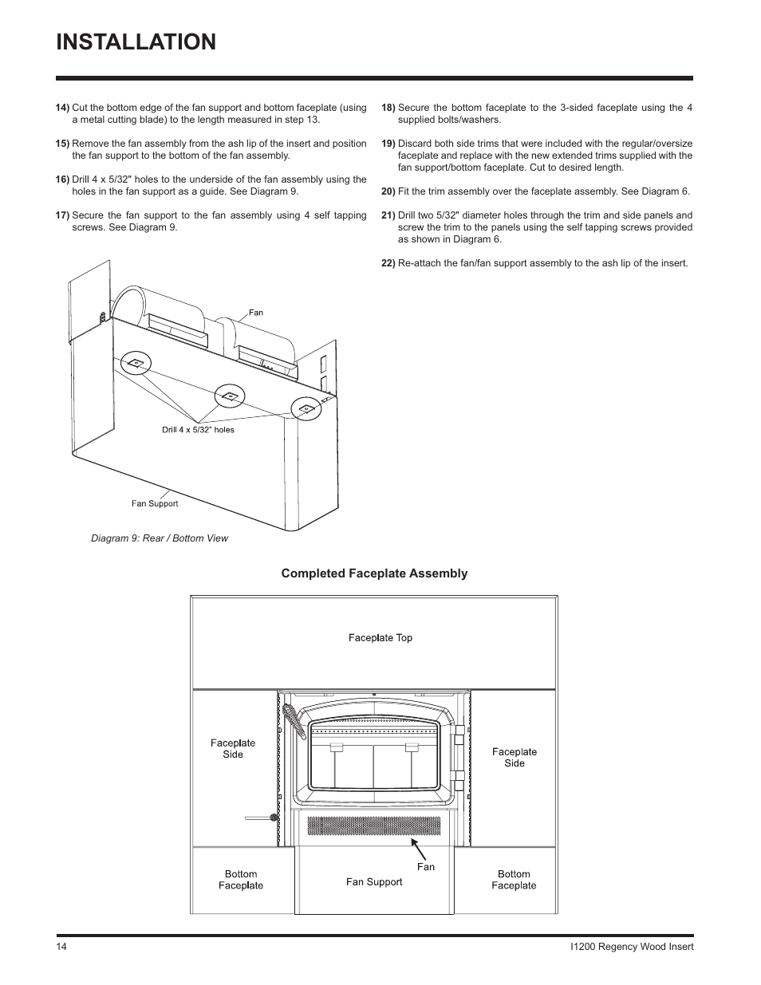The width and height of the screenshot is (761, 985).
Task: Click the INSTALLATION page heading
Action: click(x=136, y=41)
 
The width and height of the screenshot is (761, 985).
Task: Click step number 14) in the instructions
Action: click(x=63, y=108)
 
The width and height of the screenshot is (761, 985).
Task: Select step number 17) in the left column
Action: click(x=63, y=215)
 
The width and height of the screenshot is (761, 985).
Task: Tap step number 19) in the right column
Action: click(x=388, y=144)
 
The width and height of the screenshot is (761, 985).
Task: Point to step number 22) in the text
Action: click(x=388, y=263)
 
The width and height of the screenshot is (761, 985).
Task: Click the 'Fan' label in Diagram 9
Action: click(x=255, y=313)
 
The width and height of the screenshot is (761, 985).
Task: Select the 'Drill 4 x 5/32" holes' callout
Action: click(x=198, y=429)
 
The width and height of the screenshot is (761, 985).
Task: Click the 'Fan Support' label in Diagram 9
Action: click(x=155, y=503)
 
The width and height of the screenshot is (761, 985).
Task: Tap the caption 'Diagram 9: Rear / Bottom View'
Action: click(x=160, y=538)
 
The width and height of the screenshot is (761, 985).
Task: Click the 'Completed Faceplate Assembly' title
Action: click(x=374, y=573)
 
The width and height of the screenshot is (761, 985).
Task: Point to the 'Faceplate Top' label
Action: click(x=380, y=638)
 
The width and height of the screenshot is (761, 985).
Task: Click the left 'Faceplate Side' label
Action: click(x=233, y=749)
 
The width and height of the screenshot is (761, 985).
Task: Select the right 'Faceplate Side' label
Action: click(x=515, y=758)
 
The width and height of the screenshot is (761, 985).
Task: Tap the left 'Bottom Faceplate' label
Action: click(x=241, y=880)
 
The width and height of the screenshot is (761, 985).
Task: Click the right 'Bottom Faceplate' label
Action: click(x=514, y=880)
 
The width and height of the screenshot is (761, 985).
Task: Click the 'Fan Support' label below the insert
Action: click(x=374, y=882)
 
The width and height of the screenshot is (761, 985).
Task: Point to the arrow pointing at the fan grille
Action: click(x=419, y=849)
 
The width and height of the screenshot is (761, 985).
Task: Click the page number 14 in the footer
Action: click(x=62, y=947)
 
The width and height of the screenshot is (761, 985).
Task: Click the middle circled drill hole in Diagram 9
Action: click(x=230, y=396)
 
